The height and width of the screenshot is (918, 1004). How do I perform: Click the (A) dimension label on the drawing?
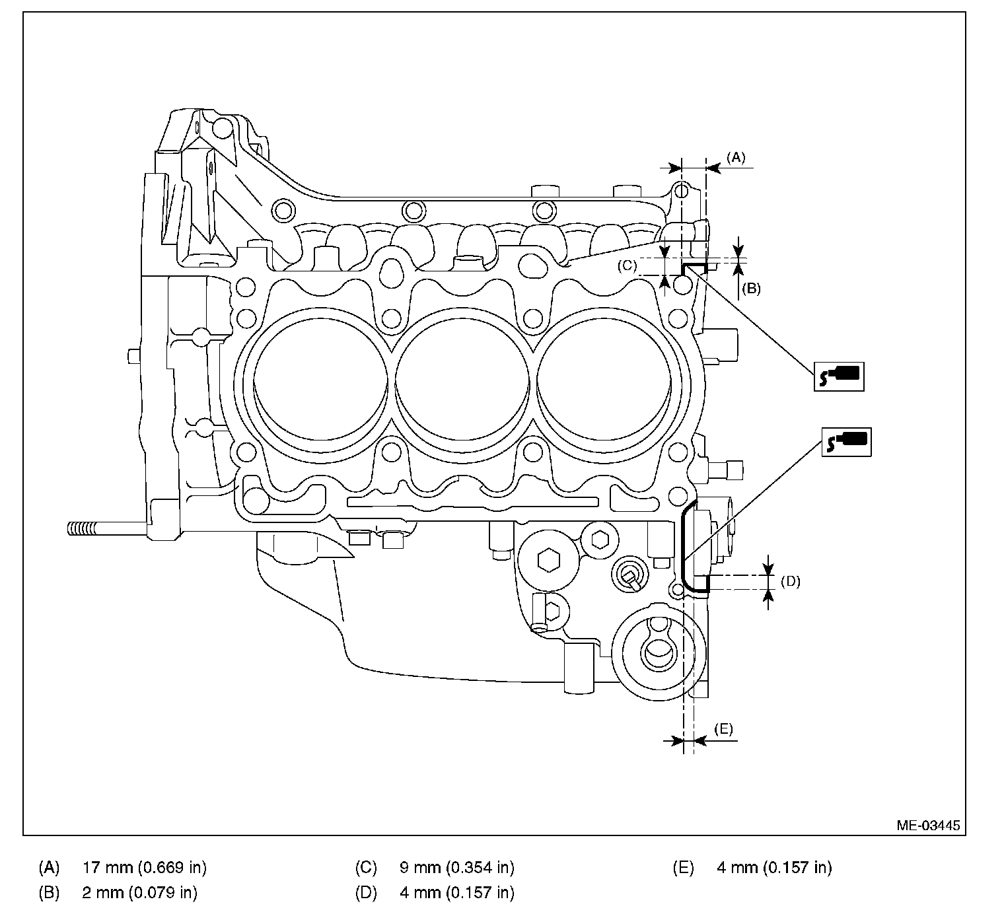[736, 158]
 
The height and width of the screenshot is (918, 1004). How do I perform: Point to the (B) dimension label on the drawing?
[751, 289]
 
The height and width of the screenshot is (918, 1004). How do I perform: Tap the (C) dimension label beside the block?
[627, 265]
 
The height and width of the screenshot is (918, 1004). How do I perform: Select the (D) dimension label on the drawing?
[791, 581]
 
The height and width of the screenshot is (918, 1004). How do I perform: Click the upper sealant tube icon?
[839, 376]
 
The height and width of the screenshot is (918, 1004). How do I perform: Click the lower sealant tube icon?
[846, 441]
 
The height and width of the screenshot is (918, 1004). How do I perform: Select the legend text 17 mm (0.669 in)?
[145, 867]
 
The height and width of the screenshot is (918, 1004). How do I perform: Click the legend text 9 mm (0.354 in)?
[457, 867]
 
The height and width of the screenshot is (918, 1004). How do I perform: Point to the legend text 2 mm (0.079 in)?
[139, 892]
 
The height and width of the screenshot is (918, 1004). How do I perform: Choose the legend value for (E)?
[774, 867]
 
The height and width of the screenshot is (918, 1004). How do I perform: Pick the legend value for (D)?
[457, 892]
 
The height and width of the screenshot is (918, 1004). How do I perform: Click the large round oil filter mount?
[659, 653]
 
